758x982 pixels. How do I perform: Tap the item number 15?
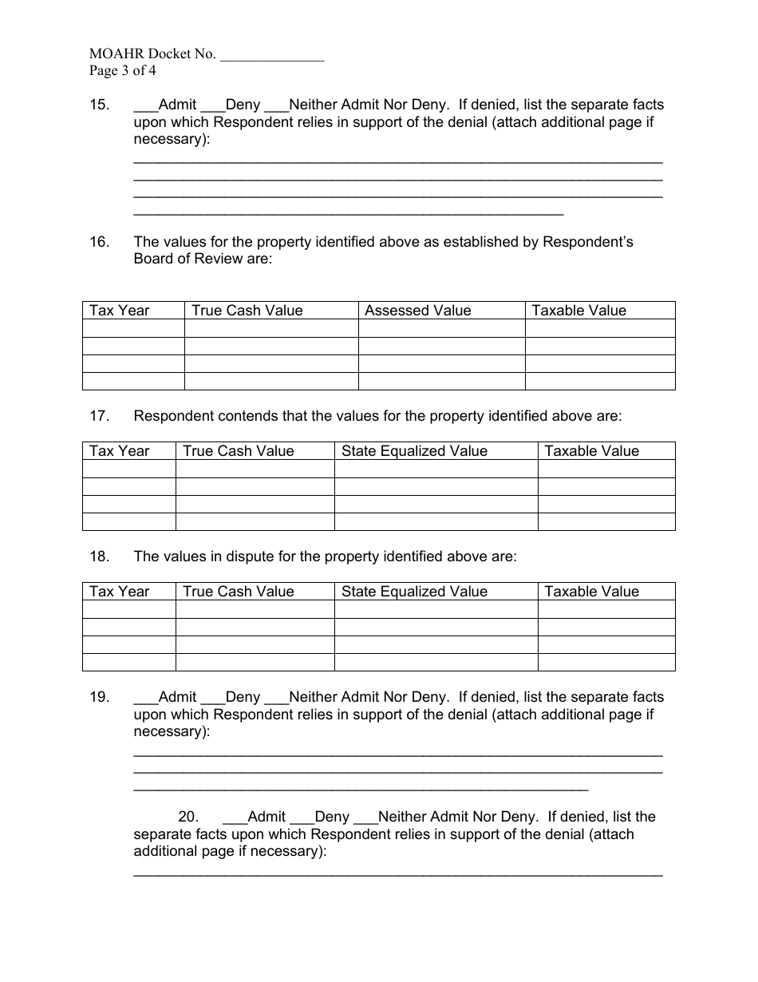(x=99, y=105)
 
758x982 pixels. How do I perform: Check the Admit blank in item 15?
(x=145, y=108)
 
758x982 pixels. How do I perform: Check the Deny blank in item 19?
(x=212, y=700)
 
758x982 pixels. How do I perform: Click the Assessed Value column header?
(x=418, y=311)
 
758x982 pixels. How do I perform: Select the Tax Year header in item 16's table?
(x=120, y=311)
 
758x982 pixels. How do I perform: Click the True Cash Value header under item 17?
(x=239, y=451)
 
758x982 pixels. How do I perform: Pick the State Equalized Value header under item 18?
(x=414, y=592)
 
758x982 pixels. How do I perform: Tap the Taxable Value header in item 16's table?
(x=578, y=311)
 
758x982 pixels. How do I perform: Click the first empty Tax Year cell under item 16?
(x=133, y=328)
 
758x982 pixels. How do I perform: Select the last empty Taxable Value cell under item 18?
(x=606, y=662)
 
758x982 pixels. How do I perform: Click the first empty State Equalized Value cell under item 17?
(x=436, y=469)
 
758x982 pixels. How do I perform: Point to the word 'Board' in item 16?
(x=153, y=259)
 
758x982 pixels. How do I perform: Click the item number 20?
(x=188, y=817)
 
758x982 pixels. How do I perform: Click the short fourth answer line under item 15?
(x=348, y=215)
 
